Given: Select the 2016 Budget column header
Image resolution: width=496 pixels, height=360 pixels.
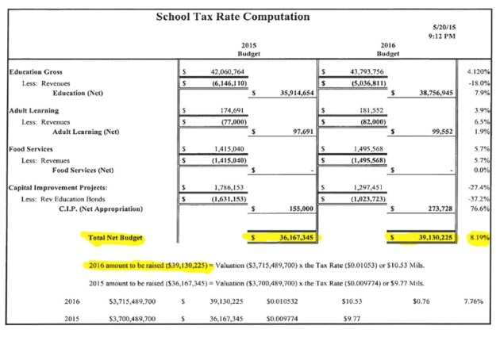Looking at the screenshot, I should [388, 50].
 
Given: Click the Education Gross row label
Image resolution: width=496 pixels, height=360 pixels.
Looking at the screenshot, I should [36, 71].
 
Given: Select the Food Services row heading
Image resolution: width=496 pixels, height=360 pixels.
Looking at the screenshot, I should [31, 148].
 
